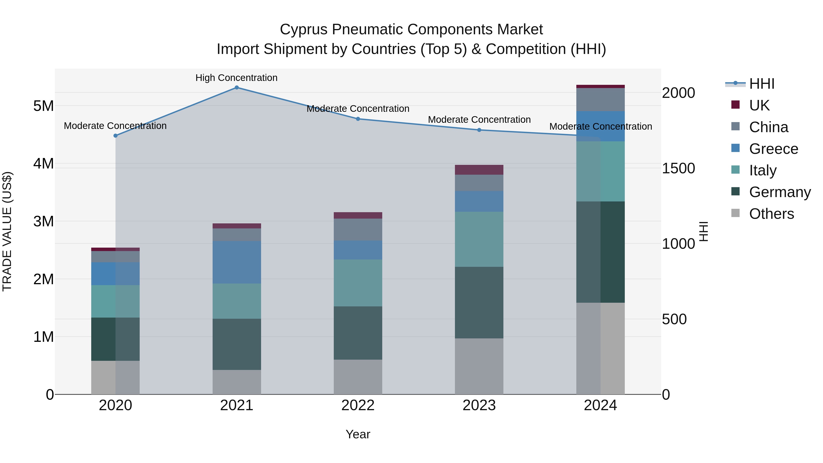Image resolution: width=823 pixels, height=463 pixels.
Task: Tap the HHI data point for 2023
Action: pos(479,130)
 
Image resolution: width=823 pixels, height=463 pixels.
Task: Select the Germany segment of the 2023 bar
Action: pos(479,302)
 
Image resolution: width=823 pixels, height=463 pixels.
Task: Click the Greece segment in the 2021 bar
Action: pos(237,262)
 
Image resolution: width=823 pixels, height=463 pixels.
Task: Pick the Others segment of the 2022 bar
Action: pos(358,377)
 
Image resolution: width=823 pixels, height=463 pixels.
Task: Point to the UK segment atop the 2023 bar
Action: pos(479,170)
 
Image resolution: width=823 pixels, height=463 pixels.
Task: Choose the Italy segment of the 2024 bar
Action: pos(601,171)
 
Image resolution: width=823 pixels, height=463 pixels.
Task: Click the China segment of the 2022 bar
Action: pos(358,229)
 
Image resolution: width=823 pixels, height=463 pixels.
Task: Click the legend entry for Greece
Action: pos(773,149)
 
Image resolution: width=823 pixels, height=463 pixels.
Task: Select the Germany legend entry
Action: pos(780,192)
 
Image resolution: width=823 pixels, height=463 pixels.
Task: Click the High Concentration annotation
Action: pos(236,78)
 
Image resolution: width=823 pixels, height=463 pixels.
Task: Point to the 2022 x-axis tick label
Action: pos(358,405)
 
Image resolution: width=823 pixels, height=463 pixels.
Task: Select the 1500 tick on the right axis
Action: pos(678,168)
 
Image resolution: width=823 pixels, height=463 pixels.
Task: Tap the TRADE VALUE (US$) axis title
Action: pos(7,231)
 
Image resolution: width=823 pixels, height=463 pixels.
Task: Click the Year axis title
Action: pos(358,434)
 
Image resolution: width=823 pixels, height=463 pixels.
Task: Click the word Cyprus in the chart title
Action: pos(304,29)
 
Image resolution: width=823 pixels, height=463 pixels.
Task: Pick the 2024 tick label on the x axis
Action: pos(600,405)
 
